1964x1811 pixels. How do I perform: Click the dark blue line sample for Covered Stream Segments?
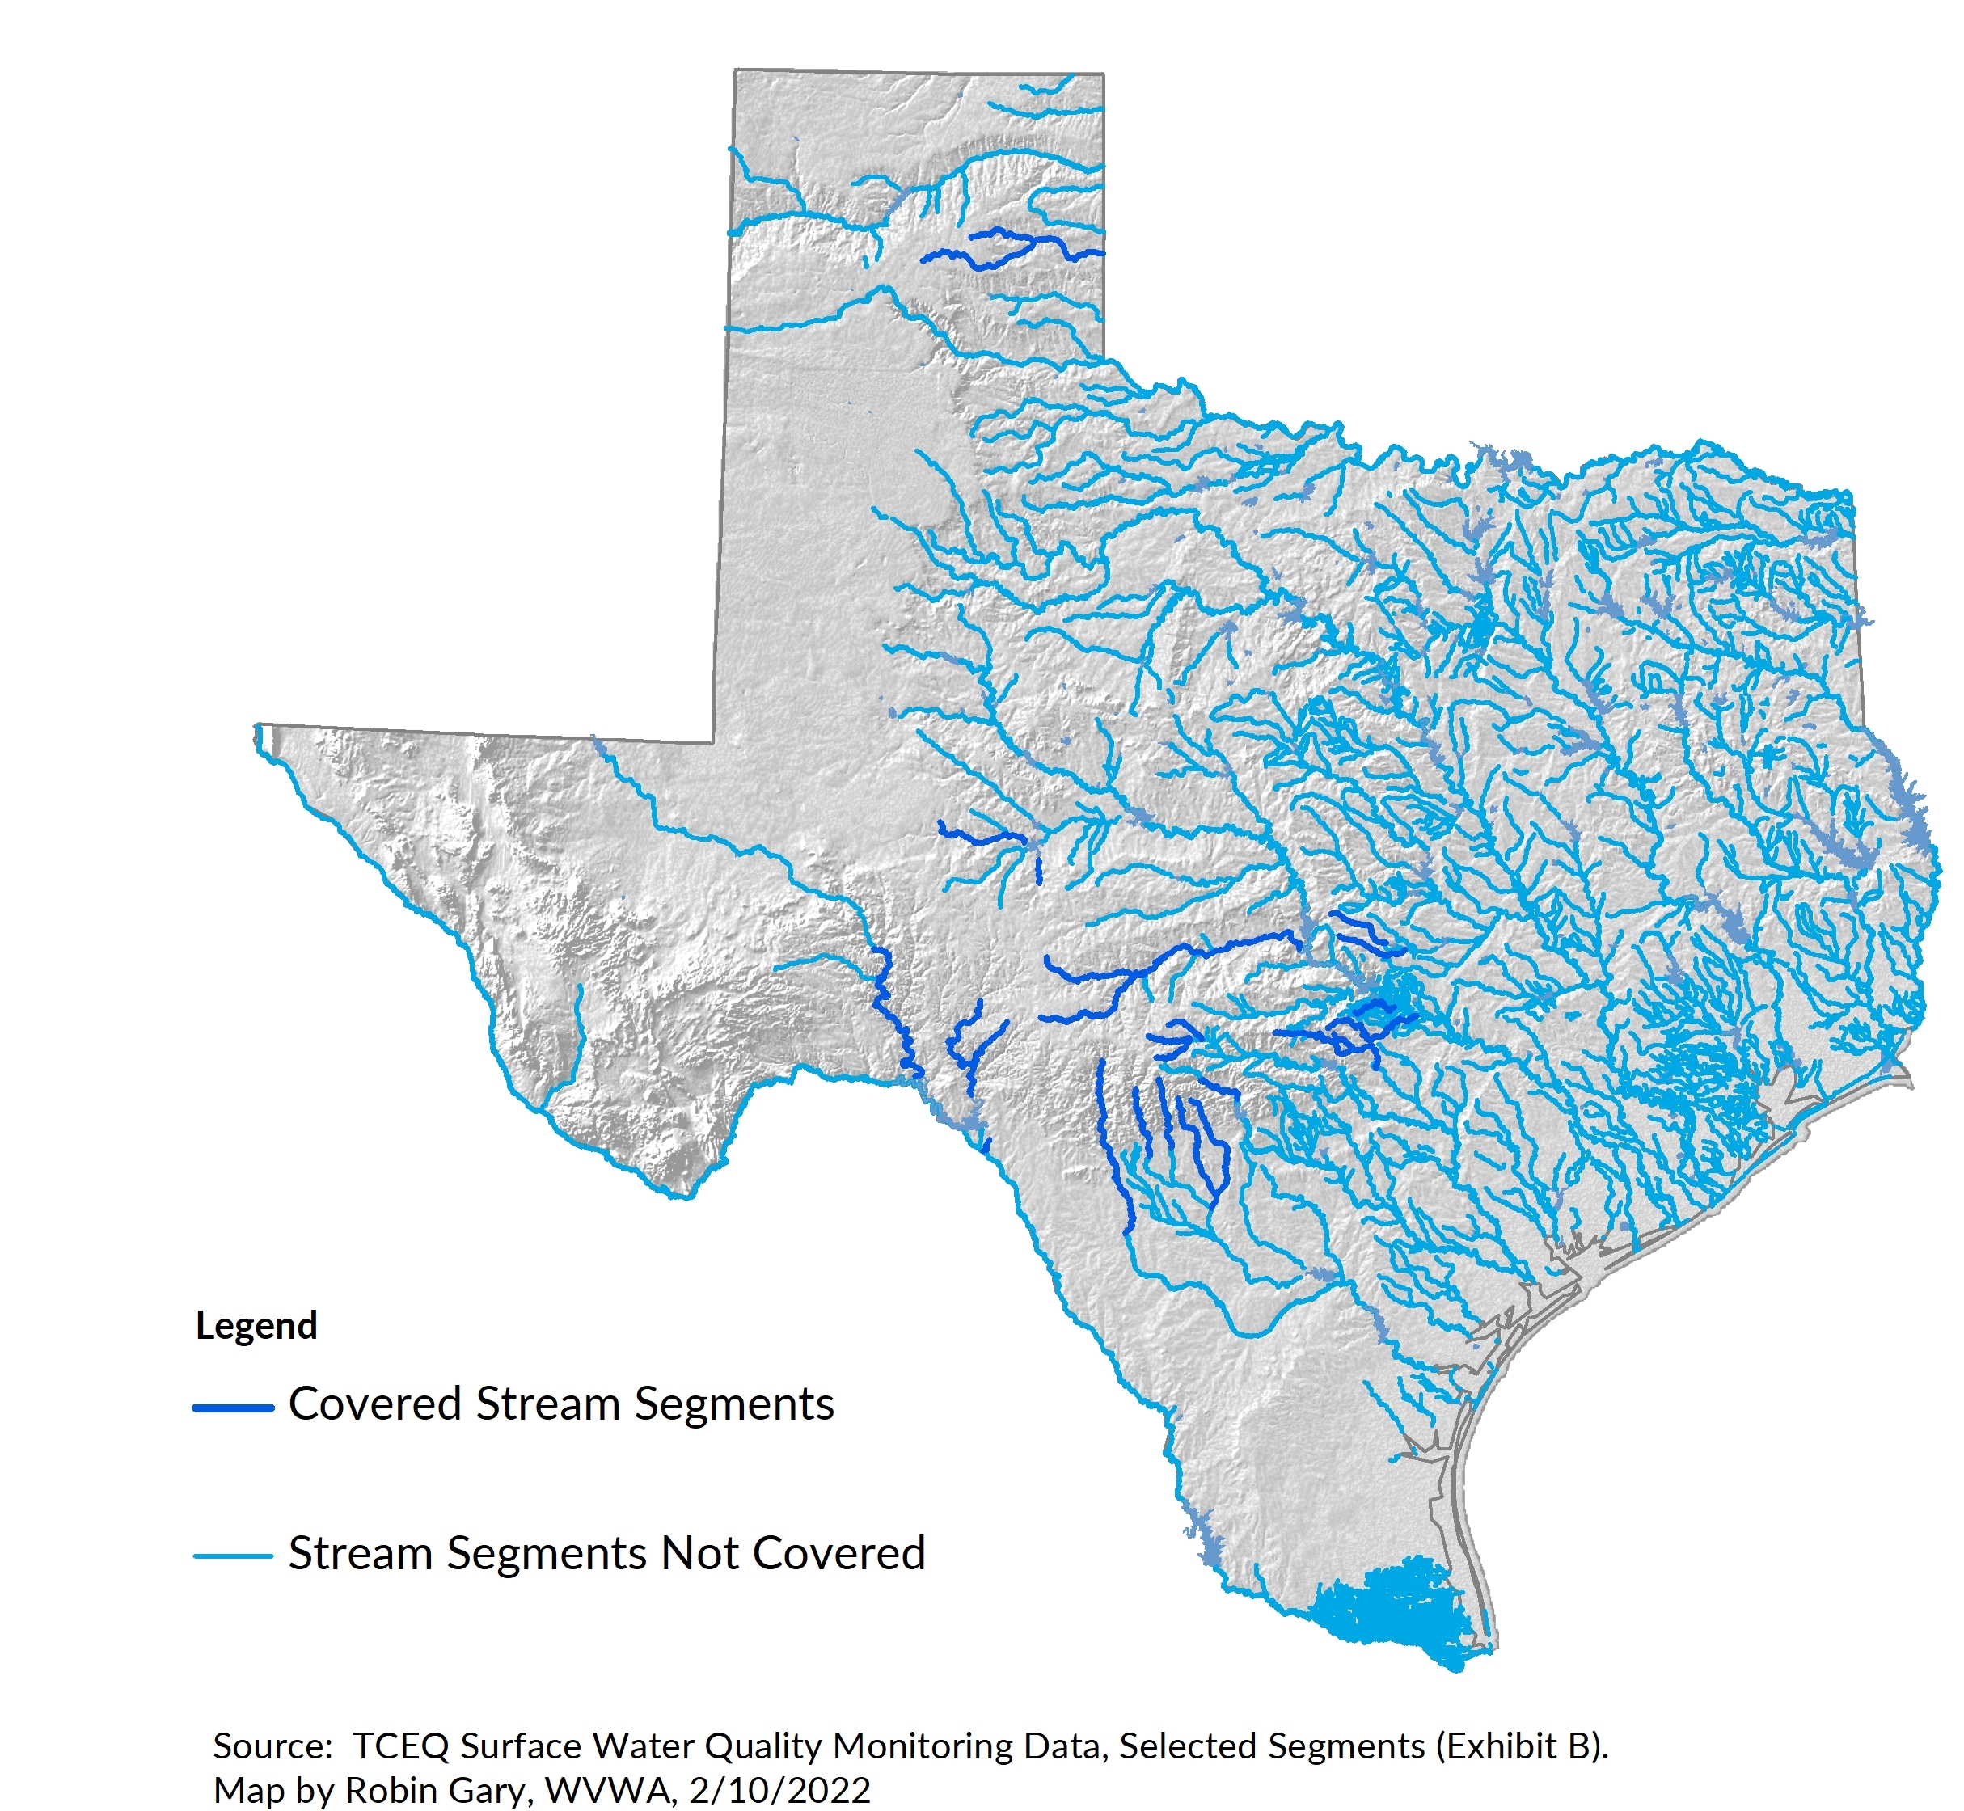point(232,1408)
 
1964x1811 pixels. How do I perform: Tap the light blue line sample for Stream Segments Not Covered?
point(232,1556)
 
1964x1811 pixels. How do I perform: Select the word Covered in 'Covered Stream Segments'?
point(374,1404)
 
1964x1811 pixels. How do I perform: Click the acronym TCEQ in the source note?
point(400,1746)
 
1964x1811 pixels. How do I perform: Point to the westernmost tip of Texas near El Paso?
point(259,730)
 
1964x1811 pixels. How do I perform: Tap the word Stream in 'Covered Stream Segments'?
point(548,1404)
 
